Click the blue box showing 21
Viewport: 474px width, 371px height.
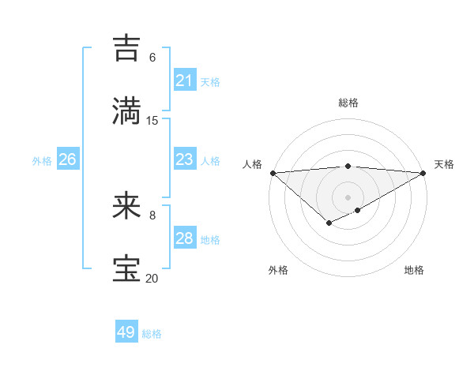185,81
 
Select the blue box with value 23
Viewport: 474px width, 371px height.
185,159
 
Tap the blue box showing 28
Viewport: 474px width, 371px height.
185,238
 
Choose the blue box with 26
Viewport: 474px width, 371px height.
67,159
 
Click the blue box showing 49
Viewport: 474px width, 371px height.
126,332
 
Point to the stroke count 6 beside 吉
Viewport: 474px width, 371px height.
152,58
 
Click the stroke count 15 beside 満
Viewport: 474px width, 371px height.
152,120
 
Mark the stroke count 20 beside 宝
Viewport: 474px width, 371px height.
152,278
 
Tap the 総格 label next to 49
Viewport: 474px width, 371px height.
152,334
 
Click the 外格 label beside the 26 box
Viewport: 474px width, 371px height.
42,161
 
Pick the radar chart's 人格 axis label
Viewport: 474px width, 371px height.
252,164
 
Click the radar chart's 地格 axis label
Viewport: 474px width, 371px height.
414,270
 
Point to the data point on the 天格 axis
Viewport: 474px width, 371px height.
424,173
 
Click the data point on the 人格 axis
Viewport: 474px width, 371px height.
273,173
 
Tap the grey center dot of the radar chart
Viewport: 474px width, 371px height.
348,197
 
